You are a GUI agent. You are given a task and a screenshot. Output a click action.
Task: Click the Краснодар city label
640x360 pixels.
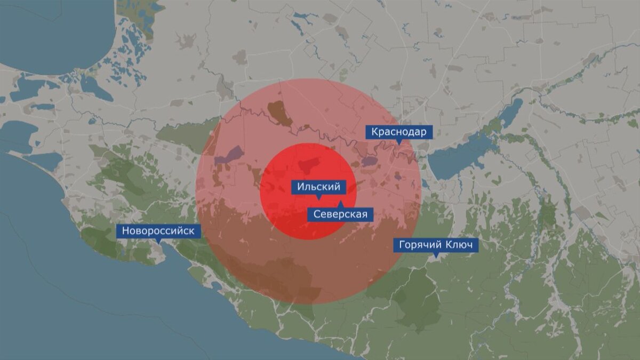[399, 132]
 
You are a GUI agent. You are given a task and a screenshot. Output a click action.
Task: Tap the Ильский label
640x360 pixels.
[318, 187]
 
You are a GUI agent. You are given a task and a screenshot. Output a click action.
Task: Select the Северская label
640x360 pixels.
[340, 214]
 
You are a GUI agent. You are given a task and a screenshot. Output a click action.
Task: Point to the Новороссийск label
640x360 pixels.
[159, 231]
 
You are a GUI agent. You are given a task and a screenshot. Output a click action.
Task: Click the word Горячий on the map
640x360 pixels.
[418, 245]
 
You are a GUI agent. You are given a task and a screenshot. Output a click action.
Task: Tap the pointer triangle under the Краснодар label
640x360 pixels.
[399, 142]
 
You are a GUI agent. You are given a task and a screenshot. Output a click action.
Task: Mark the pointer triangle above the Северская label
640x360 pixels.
[340, 204]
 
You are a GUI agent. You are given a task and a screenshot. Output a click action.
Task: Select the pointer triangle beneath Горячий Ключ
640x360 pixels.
[436, 255]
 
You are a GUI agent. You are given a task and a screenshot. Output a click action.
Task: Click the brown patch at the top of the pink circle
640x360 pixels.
[278, 112]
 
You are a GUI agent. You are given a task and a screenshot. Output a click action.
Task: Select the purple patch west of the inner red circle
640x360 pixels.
[229, 156]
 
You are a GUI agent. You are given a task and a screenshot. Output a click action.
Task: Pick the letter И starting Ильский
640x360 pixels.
[300, 187]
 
